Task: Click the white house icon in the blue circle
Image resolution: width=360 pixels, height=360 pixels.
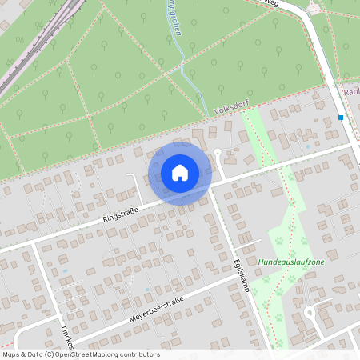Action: [x=180, y=173]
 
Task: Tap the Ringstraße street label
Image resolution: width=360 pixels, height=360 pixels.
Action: [x=121, y=213]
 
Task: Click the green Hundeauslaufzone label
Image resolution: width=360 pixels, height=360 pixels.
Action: [x=291, y=262]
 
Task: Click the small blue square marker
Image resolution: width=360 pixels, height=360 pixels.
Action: [x=342, y=118]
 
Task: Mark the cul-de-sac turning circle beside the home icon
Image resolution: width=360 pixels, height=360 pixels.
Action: [x=218, y=152]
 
